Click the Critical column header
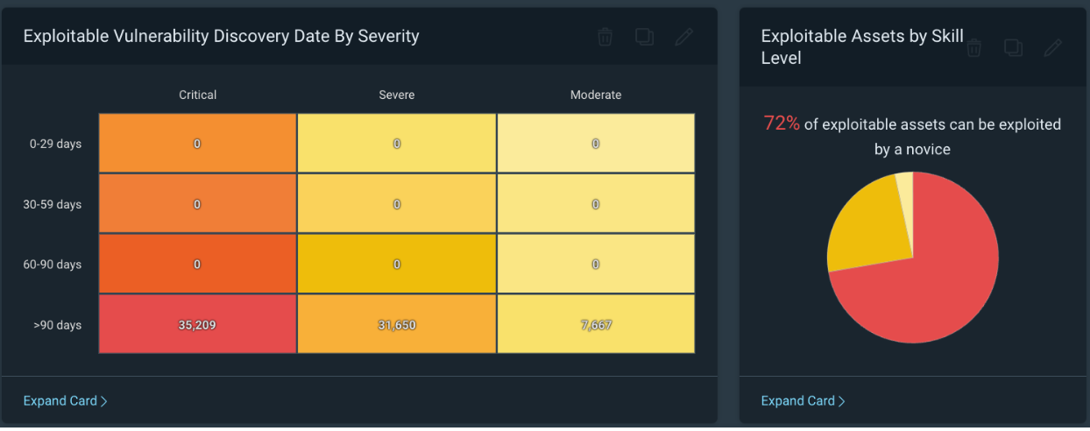point(197,95)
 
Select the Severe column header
point(397,95)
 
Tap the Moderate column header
point(596,95)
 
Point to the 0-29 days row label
point(55,144)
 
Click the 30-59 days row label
point(52,204)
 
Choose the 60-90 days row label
point(52,265)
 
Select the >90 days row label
point(57,325)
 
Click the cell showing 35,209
point(197,325)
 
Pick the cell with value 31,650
point(397,325)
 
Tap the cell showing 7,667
point(596,325)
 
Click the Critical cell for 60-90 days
point(197,265)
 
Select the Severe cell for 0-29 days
point(397,144)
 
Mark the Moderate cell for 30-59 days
point(596,204)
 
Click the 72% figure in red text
point(782,124)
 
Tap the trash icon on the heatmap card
point(605,37)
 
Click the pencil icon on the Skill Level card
point(1052,47)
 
